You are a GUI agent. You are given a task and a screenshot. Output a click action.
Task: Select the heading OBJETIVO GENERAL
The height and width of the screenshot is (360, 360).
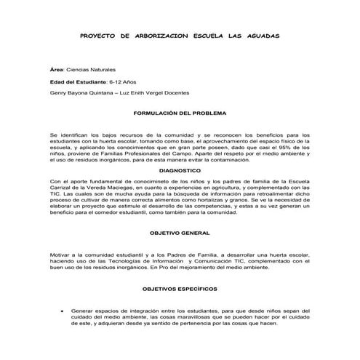(180, 233)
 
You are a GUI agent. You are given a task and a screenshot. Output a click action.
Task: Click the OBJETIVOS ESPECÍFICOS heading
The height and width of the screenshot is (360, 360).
(180, 289)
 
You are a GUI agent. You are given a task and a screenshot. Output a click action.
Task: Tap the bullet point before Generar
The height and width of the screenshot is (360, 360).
(63, 311)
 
